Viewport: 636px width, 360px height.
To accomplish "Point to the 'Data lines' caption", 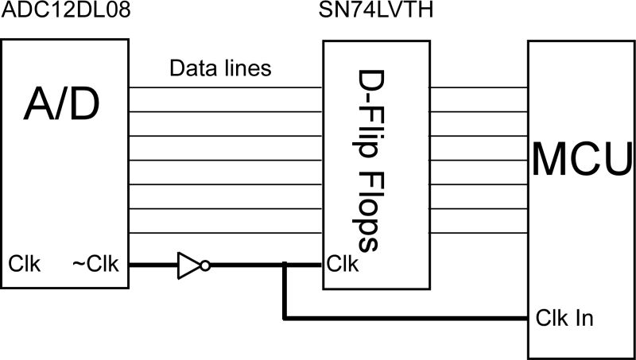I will (x=220, y=68).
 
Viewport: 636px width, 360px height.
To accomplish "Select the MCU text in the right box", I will (x=582, y=159).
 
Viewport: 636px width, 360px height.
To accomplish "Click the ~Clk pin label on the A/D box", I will (x=96, y=263).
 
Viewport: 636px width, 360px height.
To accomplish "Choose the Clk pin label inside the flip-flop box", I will (x=343, y=263).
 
